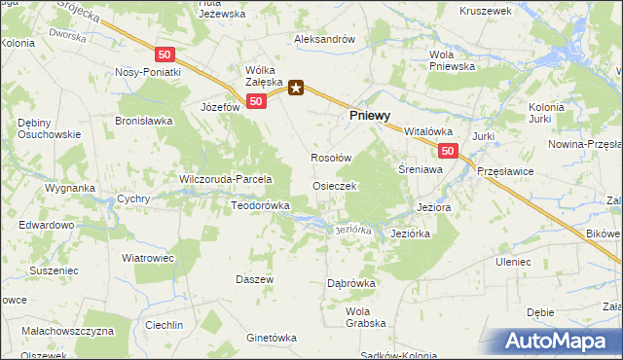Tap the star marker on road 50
tap(296, 90)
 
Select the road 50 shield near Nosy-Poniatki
tap(165, 54)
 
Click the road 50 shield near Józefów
tap(256, 100)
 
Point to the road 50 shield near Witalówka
tap(447, 151)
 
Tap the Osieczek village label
tap(335, 185)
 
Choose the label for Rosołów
tap(330, 156)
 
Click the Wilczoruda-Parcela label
tap(225, 179)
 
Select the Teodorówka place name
tap(261, 205)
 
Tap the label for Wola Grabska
tap(366, 316)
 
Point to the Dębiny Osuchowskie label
tap(41, 128)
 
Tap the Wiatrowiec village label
tap(146, 258)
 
